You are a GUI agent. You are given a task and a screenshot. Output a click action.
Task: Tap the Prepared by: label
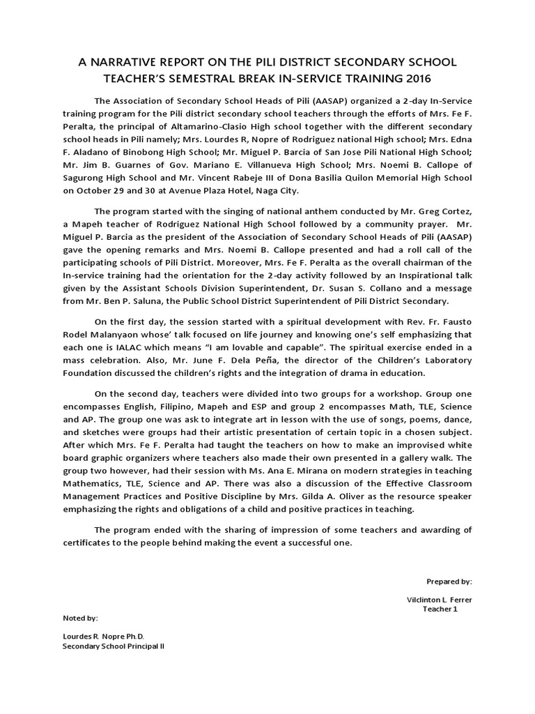coord(449,581)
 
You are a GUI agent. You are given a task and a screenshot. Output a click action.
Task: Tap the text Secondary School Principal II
coord(114,646)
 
